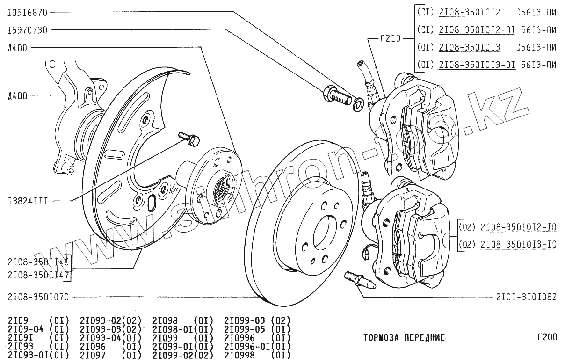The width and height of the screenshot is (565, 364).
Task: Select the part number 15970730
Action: tap(28, 30)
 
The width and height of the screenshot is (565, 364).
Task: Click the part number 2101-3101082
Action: tap(526, 297)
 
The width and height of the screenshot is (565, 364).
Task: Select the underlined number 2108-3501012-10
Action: tap(519, 228)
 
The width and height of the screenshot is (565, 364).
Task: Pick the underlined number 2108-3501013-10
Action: tap(519, 244)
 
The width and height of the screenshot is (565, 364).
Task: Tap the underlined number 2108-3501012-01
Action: tap(477, 30)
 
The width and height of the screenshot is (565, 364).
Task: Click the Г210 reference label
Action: tap(391, 39)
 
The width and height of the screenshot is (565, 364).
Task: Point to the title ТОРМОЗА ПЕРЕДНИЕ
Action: tap(404, 337)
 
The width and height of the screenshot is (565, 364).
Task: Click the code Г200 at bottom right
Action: tap(547, 337)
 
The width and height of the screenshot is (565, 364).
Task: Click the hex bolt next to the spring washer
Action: tap(336, 95)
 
